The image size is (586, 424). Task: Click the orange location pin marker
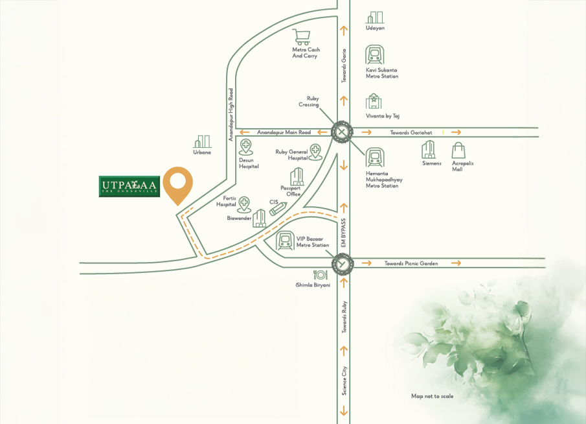coord(178,184)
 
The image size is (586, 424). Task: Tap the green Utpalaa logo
coord(130,187)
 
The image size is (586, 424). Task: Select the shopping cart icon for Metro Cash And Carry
coord(300,36)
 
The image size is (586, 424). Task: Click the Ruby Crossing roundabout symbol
coord(341,132)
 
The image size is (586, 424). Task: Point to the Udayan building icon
coord(375,18)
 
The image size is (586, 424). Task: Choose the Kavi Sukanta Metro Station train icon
coord(374,54)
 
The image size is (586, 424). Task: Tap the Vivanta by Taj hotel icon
coord(374,102)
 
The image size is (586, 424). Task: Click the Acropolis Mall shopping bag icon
coord(458,150)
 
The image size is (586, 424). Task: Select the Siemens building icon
coord(428,150)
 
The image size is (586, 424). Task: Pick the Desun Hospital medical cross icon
coord(245,147)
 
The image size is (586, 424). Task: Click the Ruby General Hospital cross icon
coord(315,152)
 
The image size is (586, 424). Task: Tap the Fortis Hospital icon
coord(244,204)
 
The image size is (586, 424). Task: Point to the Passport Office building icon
coord(297,176)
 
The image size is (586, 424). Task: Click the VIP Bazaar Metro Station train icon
coord(284,241)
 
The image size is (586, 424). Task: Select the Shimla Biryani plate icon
coord(319,275)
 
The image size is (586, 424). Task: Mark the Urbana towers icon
coord(203,141)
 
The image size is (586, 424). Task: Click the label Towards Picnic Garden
coord(411,264)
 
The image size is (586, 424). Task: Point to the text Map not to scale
coord(433,396)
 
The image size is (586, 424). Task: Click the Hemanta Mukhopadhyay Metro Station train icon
coord(374,158)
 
